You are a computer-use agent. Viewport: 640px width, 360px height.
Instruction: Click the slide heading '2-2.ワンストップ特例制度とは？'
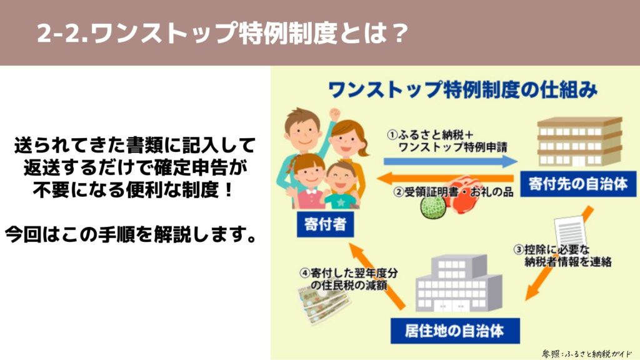click(222, 32)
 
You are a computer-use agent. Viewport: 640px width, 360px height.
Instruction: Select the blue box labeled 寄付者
click(325, 224)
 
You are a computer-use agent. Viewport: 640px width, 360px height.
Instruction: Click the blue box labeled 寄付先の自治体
click(578, 184)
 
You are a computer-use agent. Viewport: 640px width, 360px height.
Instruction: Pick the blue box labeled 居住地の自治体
click(455, 331)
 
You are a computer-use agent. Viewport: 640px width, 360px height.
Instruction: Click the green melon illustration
click(432, 207)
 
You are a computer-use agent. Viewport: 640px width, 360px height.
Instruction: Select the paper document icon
click(570, 231)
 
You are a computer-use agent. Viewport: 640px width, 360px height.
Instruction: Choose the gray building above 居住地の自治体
click(459, 283)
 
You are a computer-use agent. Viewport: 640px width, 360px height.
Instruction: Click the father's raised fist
click(335, 114)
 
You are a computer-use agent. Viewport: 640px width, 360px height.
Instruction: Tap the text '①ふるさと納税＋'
click(430, 135)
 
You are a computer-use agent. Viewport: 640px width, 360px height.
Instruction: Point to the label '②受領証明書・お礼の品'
click(453, 192)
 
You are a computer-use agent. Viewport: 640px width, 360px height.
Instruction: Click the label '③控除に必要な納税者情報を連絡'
click(563, 256)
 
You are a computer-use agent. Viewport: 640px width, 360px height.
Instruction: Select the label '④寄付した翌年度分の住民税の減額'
click(349, 279)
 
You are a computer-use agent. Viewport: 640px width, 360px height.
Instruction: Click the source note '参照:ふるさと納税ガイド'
click(587, 354)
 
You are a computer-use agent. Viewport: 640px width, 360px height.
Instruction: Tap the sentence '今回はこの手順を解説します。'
click(131, 234)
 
